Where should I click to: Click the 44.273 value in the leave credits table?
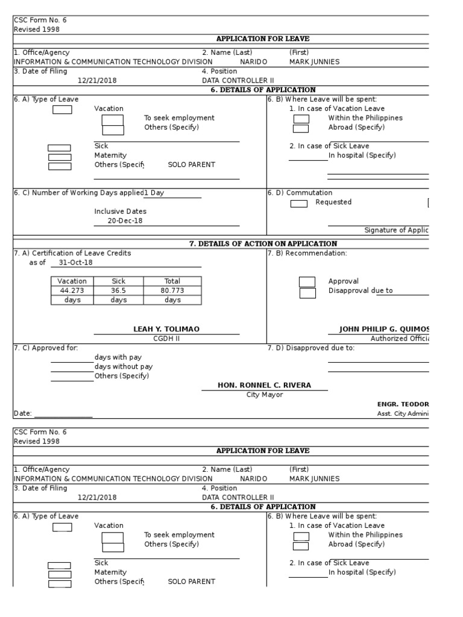pos(72,290)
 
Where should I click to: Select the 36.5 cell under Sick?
pos(118,290)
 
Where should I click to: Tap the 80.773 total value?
pos(172,290)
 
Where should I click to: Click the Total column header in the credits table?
pos(172,281)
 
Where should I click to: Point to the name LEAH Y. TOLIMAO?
pos(166,329)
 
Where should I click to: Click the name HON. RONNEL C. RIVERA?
pos(264,386)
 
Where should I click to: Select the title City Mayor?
pos(264,395)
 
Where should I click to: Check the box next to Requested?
pos(298,204)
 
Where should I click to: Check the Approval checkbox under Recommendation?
pos(307,281)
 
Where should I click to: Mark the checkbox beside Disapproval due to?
pos(307,293)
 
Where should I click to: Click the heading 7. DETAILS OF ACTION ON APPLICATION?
pos(263,243)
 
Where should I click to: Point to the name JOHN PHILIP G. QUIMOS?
pos(385,329)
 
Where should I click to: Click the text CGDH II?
pos(166,339)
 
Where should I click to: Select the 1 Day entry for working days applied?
pos(154,193)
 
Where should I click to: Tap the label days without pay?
pos(124,366)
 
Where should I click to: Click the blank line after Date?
pos(63,414)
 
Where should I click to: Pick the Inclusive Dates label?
pos(120,211)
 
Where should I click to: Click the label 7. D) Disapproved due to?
pos(310,348)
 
